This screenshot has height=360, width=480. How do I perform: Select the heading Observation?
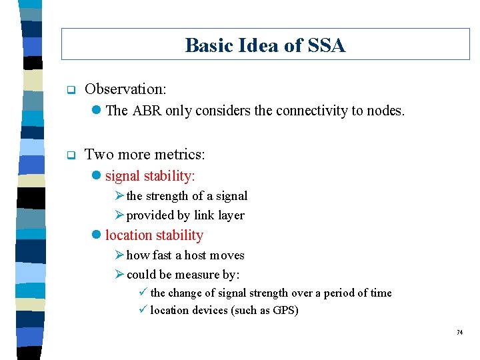[126, 89]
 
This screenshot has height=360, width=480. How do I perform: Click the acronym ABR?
[147, 111]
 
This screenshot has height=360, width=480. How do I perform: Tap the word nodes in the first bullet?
[385, 111]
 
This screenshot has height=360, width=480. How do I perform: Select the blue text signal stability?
[150, 176]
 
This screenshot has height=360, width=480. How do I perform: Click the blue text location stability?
[154, 235]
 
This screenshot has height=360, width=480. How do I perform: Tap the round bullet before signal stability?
[97, 177]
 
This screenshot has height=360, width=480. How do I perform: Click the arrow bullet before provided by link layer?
[119, 215]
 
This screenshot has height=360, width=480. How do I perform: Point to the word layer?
[231, 215]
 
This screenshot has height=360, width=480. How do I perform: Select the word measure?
[197, 275]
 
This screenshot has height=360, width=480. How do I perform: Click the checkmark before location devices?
[143, 311]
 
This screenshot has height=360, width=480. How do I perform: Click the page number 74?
[459, 333]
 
